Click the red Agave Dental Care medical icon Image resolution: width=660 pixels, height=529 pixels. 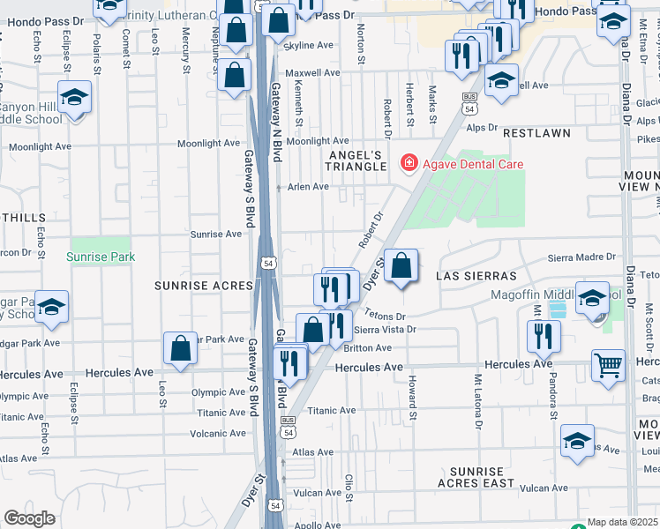click(409, 163)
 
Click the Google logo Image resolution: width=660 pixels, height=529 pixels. click(29, 518)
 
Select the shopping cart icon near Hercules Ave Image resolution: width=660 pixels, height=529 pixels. click(609, 363)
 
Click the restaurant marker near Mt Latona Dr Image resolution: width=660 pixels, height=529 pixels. click(544, 335)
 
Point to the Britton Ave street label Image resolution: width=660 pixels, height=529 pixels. click(371, 347)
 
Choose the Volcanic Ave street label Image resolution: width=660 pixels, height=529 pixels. click(219, 433)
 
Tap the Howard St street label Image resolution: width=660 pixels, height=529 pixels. click(412, 385)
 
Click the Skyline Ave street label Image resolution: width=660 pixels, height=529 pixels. click(312, 45)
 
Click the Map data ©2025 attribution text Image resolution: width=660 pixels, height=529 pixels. click(623, 522)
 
